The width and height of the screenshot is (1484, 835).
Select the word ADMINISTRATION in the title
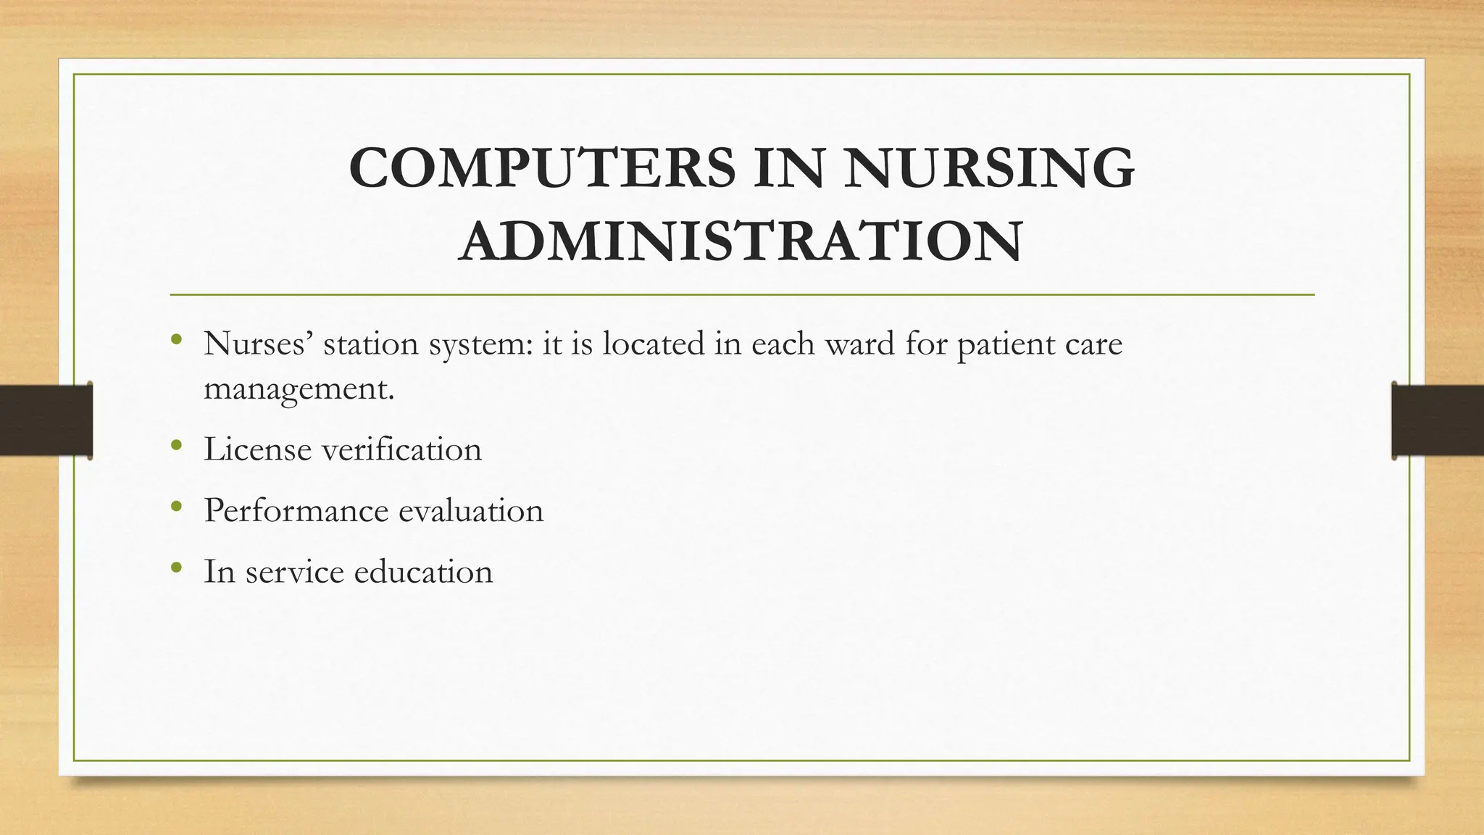(741, 241)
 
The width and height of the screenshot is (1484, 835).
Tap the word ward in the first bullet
(860, 343)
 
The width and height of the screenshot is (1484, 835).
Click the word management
(299, 389)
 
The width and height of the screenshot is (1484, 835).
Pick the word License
(257, 449)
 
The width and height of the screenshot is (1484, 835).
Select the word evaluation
(470, 510)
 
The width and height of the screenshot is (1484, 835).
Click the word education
(423, 571)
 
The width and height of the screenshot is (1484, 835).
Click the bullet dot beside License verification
(175, 445)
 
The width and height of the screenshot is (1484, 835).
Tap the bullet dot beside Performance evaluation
(175, 506)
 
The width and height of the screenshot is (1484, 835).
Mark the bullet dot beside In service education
(175, 567)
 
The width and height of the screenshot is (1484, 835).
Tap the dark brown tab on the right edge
(1438, 420)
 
